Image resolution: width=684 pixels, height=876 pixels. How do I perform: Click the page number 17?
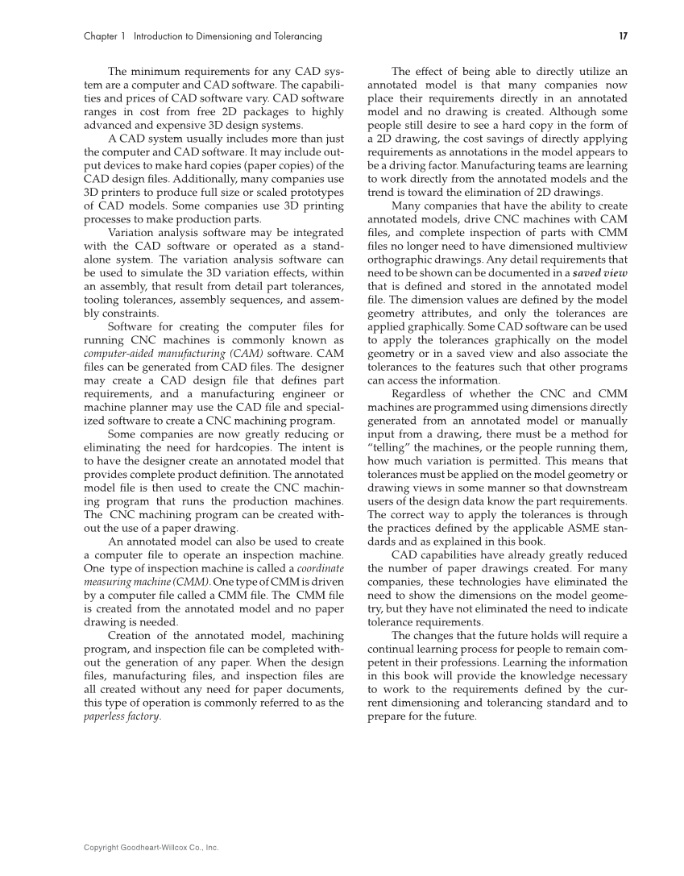(623, 36)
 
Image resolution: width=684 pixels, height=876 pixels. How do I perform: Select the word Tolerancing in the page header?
(296, 36)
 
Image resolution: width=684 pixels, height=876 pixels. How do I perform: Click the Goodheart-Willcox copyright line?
(151, 848)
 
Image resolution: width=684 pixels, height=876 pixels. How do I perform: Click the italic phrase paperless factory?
(122, 716)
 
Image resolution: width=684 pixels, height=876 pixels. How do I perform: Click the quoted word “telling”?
(388, 447)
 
